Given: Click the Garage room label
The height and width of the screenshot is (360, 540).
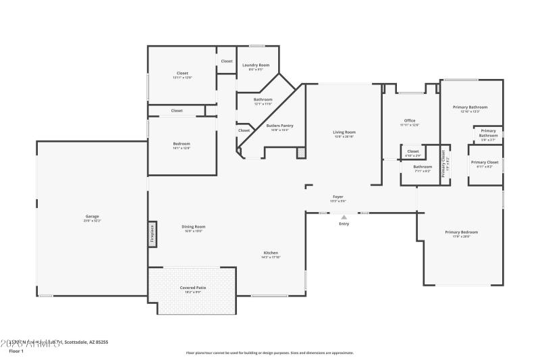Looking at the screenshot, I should coord(91,216).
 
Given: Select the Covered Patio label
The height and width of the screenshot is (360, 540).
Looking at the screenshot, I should coord(192,288).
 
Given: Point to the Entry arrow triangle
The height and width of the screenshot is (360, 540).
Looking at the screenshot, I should coord(344,217).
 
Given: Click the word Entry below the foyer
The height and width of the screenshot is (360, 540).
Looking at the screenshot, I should coord(344,224).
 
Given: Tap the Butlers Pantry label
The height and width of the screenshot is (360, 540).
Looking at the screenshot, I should coord(279,126).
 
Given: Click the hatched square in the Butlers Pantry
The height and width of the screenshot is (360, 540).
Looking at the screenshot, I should coord(301,154).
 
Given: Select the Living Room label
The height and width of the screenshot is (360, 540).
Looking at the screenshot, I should coord(344,132).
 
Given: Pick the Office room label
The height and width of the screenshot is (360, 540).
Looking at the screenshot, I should coord(410,121).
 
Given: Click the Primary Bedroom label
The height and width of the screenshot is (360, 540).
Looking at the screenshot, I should coord(461,232).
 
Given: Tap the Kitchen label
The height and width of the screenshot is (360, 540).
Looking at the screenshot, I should coord(271,253).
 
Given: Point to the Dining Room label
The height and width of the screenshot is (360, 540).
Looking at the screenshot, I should coord(194,226).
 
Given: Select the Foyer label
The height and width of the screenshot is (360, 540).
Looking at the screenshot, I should coord(338,197).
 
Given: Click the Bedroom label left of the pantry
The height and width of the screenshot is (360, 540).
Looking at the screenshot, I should coord(182,143).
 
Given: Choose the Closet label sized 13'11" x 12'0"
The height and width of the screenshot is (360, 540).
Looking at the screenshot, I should coord(182,73).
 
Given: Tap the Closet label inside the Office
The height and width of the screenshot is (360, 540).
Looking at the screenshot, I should coord(412,151).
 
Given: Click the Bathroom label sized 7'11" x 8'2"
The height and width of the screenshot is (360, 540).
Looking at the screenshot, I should coord(423,166).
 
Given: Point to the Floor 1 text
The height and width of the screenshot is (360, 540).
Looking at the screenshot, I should coord(16,351).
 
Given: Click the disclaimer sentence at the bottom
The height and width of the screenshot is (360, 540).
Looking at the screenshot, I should coord(270,352).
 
